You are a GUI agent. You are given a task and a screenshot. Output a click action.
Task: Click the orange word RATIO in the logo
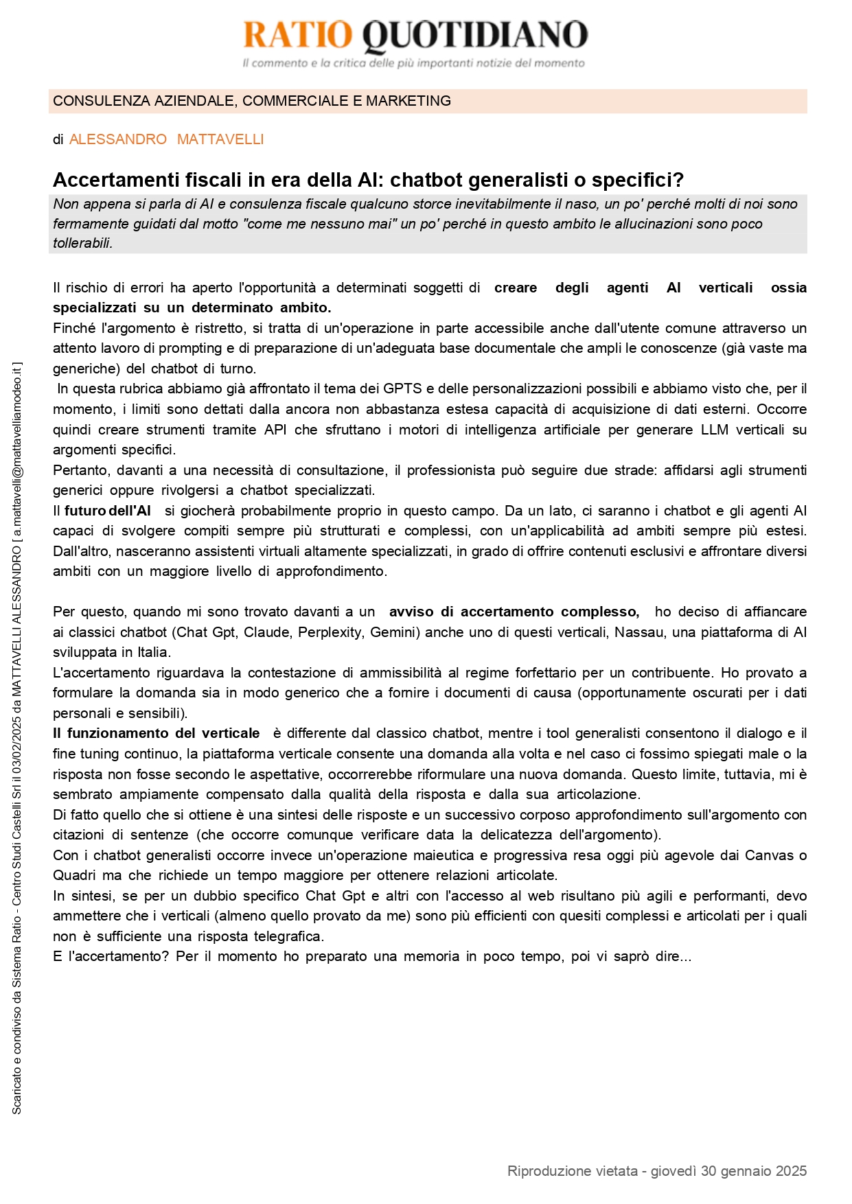(x=297, y=35)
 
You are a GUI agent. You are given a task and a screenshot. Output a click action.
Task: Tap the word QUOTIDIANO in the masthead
(x=474, y=36)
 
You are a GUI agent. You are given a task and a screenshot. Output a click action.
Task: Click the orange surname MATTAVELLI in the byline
(x=220, y=139)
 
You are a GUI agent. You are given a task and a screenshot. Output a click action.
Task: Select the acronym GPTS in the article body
(x=402, y=389)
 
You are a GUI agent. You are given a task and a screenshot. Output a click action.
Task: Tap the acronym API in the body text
(x=275, y=430)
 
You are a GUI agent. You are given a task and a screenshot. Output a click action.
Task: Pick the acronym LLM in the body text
(x=715, y=430)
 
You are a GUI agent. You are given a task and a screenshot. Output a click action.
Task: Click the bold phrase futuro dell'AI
(x=108, y=511)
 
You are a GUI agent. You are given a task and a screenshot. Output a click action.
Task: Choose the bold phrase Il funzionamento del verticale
(x=157, y=734)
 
